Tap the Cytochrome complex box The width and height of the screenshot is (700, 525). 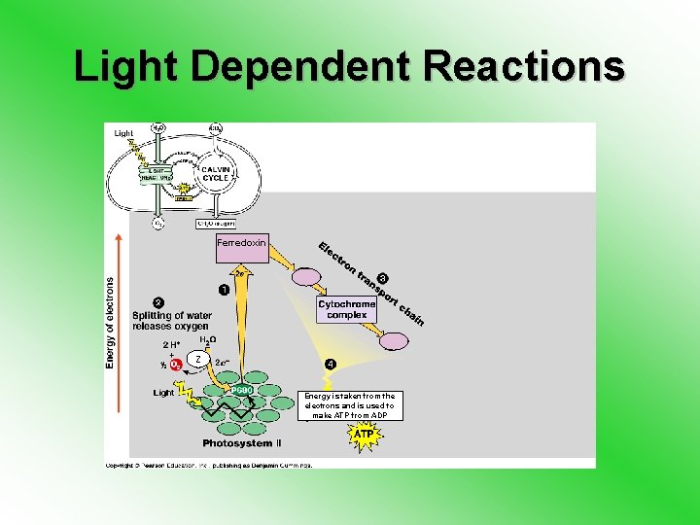(347, 309)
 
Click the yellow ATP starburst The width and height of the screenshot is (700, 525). (363, 436)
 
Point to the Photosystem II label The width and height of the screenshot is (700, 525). (242, 443)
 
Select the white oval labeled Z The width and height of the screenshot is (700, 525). (198, 360)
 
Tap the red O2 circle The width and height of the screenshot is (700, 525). (177, 365)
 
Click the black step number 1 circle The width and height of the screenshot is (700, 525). (225, 289)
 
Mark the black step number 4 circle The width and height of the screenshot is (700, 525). (331, 365)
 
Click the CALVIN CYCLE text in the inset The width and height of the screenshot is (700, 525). (215, 174)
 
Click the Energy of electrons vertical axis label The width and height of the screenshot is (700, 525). (109, 322)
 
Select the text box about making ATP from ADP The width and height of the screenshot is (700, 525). (350, 405)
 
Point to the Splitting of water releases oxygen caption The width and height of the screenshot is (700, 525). (171, 321)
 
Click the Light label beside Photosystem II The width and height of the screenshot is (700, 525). (163, 393)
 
